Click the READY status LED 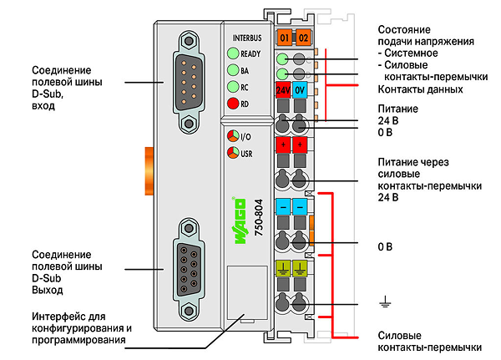click(x=233, y=53)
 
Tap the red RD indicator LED click(x=233, y=104)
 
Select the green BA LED click(x=233, y=69)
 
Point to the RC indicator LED click(x=233, y=86)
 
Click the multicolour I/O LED click(x=233, y=136)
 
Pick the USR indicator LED click(x=233, y=153)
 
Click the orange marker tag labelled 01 click(x=284, y=38)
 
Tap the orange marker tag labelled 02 click(x=303, y=38)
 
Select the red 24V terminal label click(x=283, y=90)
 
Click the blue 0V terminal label click(x=300, y=90)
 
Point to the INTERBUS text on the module click(x=247, y=38)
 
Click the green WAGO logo click(x=240, y=221)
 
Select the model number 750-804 click(x=259, y=217)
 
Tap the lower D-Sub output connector click(x=189, y=270)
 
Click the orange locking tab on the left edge click(x=149, y=170)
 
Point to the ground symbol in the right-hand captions click(x=385, y=302)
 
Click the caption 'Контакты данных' click(x=420, y=89)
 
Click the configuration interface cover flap click(x=247, y=292)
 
